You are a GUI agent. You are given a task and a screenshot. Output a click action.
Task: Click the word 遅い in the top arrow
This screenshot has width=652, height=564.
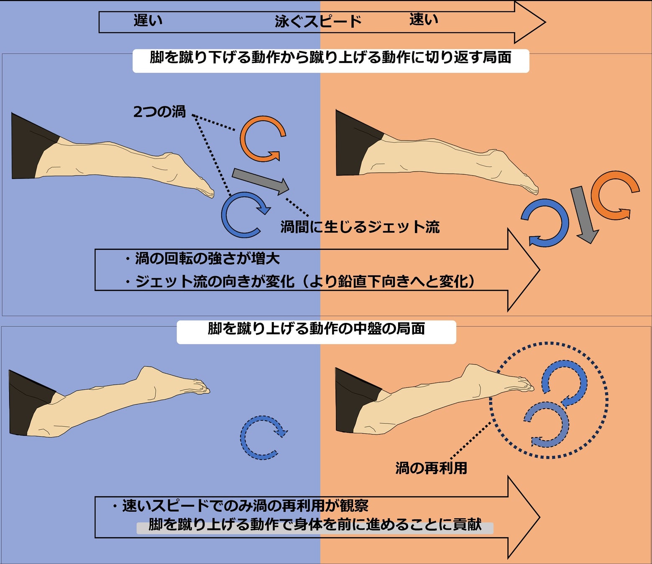148,20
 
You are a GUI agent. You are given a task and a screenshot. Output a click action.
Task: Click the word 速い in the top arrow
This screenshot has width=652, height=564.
424,19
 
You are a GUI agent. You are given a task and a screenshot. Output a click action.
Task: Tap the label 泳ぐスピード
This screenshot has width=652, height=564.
318,22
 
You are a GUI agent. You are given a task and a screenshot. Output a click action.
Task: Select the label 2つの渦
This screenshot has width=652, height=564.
159,112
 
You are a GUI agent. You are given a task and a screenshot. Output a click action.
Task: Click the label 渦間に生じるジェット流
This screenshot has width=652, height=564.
360,227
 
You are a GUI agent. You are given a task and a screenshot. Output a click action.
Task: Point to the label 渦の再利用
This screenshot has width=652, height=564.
431,468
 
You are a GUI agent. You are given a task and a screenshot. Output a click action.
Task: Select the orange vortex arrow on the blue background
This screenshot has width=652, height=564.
262,138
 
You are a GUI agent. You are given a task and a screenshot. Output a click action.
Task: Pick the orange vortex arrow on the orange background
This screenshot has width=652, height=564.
614,195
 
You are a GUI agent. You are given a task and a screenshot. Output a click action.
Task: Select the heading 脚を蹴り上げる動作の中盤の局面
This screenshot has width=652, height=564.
316,329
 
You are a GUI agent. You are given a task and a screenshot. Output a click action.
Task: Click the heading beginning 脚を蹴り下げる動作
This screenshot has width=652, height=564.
330,58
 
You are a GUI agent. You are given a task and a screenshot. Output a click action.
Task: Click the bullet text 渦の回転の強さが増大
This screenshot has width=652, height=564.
207,259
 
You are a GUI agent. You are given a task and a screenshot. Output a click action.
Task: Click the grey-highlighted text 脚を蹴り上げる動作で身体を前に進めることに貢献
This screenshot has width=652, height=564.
315,525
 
